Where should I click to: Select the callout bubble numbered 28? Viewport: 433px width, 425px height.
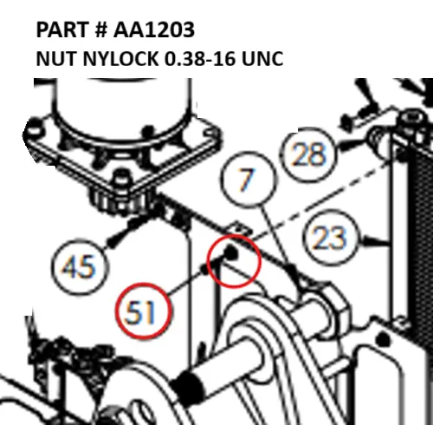click(308, 154)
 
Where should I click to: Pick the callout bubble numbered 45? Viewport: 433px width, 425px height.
click(79, 266)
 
